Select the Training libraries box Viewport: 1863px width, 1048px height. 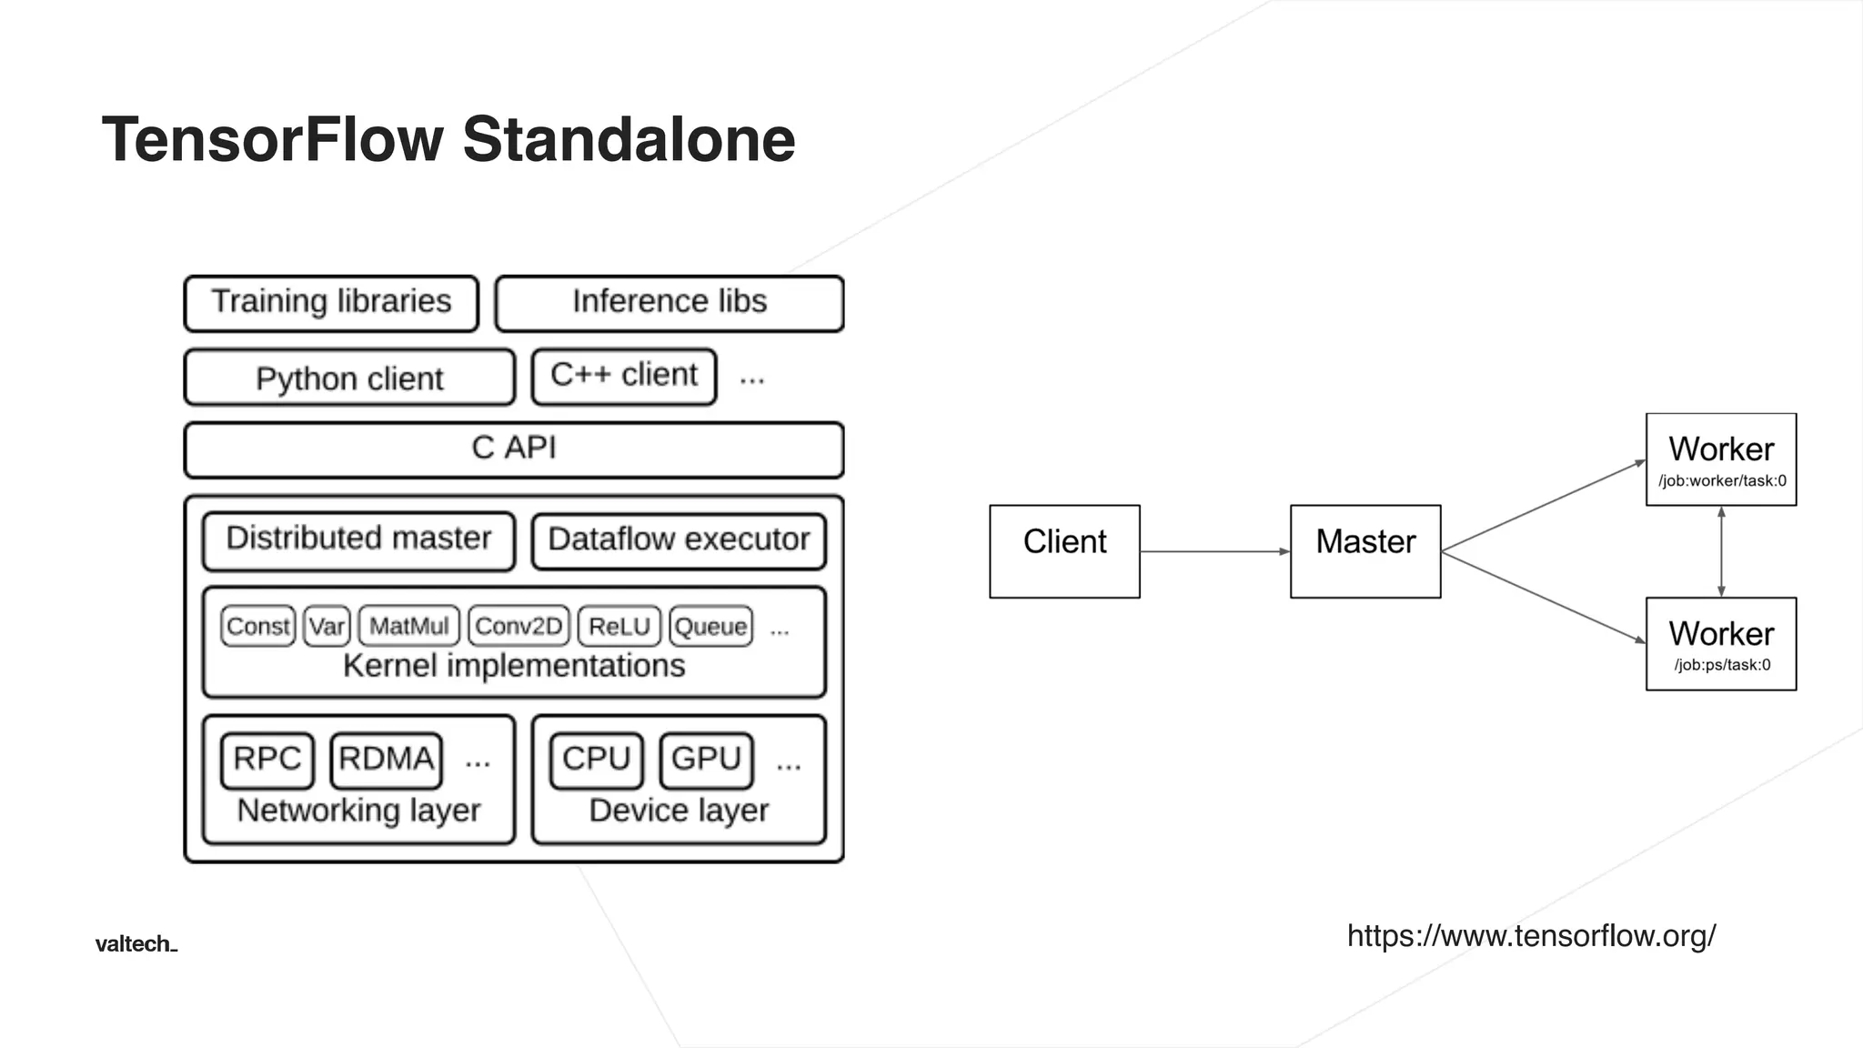(331, 303)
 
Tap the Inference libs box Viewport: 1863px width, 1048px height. (670, 303)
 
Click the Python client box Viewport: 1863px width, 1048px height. (349, 378)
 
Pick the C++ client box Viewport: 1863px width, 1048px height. (624, 376)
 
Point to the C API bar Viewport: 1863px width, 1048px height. (514, 449)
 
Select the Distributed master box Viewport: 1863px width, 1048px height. (358, 540)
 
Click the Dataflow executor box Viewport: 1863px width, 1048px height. (679, 540)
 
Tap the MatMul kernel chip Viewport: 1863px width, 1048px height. (409, 626)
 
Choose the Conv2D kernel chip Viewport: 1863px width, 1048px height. (519, 626)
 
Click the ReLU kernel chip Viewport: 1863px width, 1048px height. (619, 626)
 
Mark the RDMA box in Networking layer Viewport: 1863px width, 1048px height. (386, 760)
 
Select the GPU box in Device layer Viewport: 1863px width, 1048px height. (707, 760)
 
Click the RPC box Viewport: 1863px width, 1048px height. (267, 760)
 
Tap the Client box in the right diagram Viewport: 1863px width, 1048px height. (1064, 551)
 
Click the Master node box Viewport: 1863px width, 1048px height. (1365, 551)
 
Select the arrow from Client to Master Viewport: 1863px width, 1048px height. (1214, 551)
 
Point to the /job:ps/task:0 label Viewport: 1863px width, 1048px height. (1722, 665)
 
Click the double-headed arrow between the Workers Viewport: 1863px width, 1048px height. (1721, 551)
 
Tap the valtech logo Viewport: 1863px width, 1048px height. (136, 944)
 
